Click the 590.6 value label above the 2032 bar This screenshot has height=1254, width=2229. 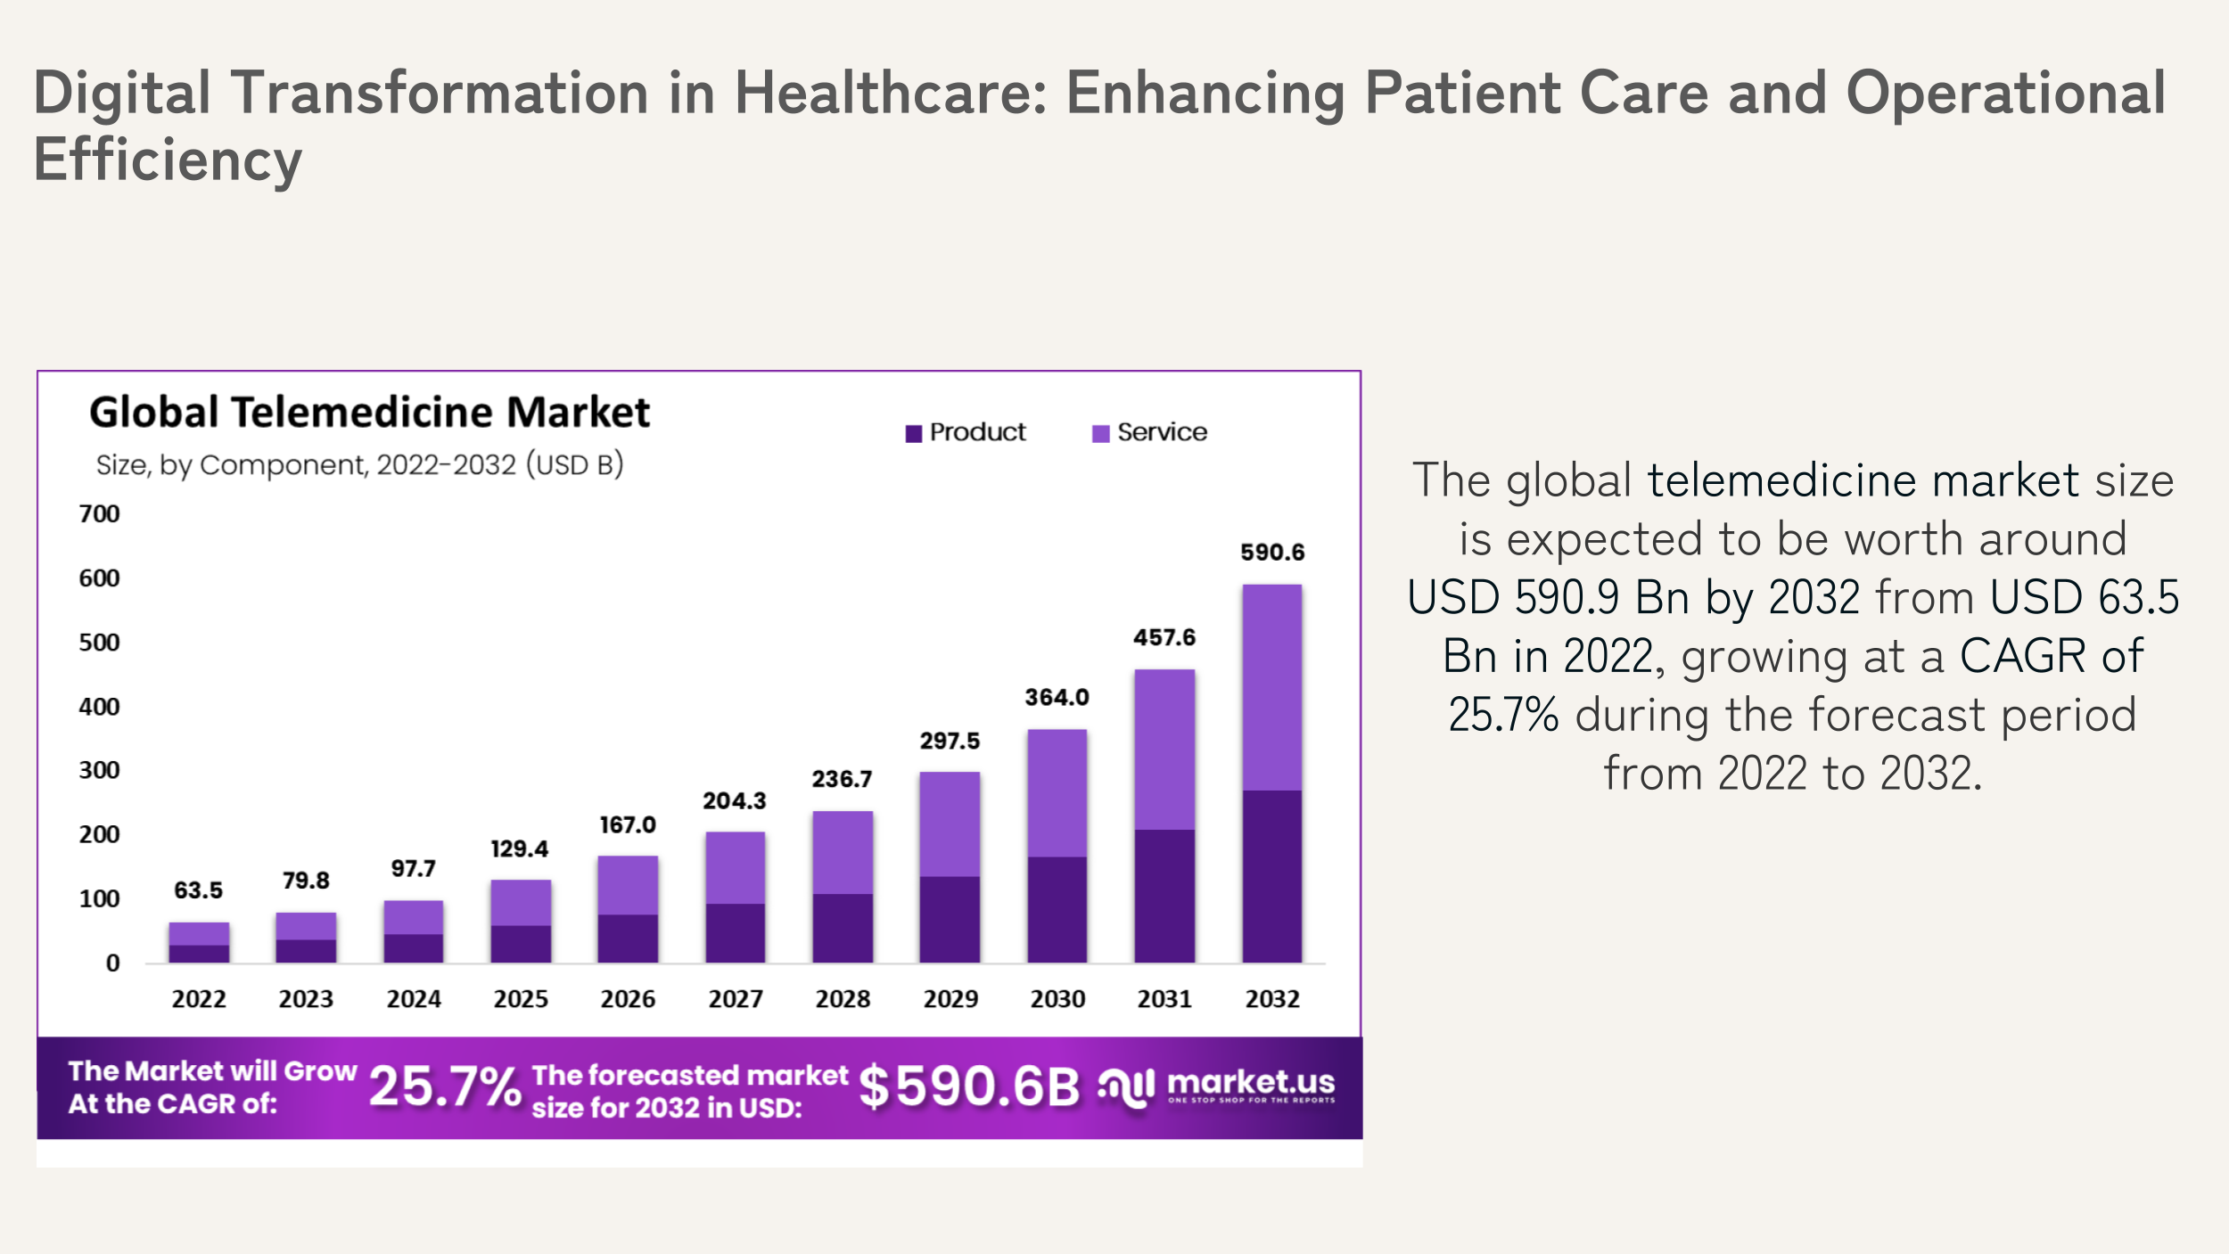tap(1272, 553)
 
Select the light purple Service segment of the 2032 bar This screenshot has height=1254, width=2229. tap(1272, 687)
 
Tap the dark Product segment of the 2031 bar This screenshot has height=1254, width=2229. tap(1164, 896)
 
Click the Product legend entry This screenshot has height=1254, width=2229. tap(966, 432)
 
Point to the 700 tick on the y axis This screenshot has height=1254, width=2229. tap(99, 514)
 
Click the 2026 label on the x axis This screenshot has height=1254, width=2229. tap(628, 999)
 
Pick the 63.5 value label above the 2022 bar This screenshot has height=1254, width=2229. tap(198, 890)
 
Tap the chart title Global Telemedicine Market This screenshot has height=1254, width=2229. tap(369, 413)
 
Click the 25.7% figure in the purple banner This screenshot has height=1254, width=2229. tap(444, 1087)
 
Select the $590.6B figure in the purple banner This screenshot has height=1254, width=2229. tap(968, 1087)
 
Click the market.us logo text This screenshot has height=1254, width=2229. tap(1250, 1082)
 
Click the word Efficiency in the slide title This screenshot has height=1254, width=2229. tap(168, 160)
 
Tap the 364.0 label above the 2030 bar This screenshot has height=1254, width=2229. tap(1057, 697)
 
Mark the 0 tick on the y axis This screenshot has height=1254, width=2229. tap(112, 963)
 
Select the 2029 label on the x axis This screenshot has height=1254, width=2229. tap(950, 999)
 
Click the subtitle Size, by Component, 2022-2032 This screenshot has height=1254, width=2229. tap(359, 465)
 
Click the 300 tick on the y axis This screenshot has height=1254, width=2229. tap(99, 770)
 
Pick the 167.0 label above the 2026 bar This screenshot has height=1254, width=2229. tap(628, 825)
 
